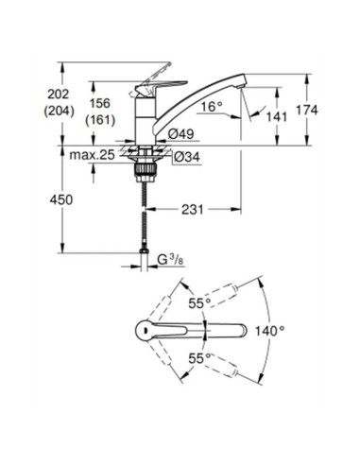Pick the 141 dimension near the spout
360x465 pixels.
[275, 116]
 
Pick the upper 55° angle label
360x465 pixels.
[197, 304]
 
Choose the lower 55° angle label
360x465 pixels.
[197, 361]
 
